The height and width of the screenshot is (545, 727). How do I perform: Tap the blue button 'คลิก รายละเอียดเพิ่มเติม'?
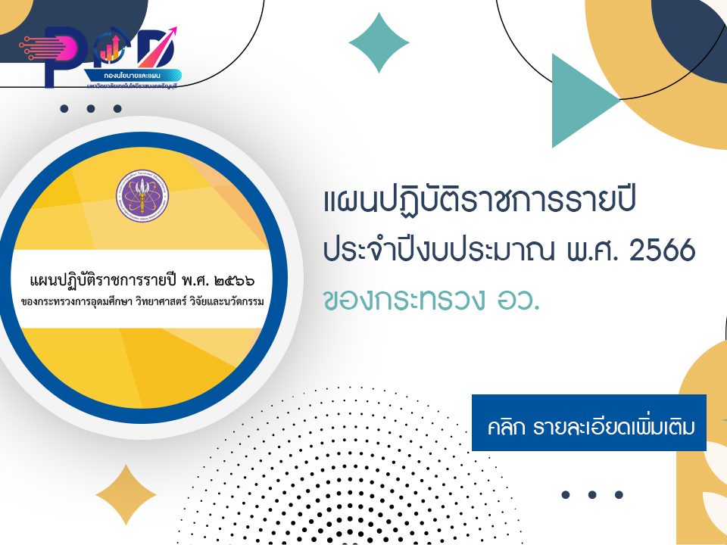click(x=588, y=422)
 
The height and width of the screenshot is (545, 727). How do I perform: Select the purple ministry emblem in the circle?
click(x=142, y=195)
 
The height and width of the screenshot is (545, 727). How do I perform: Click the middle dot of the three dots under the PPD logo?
click(x=91, y=109)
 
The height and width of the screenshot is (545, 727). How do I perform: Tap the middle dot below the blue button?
click(x=592, y=495)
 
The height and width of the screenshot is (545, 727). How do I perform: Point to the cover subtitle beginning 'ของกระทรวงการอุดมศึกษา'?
click(x=143, y=304)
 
